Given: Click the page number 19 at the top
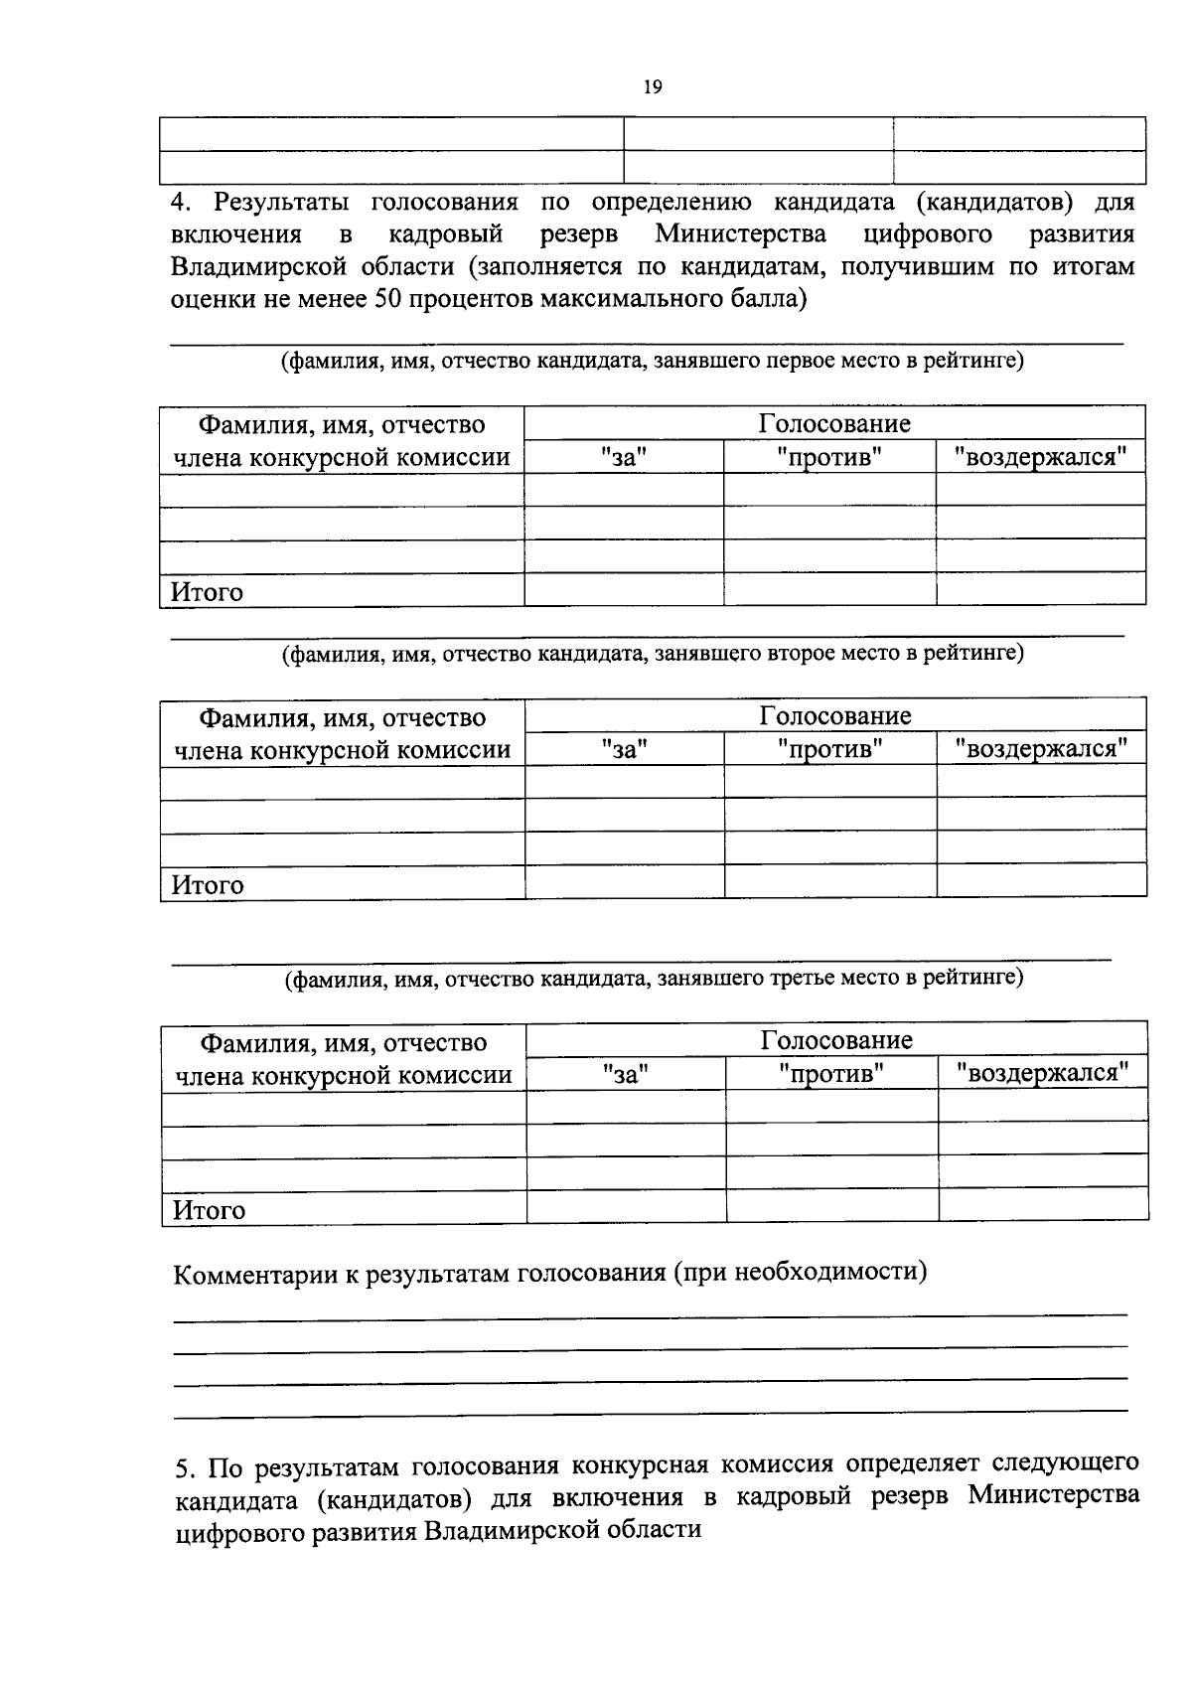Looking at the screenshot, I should point(653,87).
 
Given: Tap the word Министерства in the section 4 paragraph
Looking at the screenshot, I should point(740,234).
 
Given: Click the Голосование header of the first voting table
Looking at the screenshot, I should point(834,423).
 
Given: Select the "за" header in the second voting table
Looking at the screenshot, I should point(625,748).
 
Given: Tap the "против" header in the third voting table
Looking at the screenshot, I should point(831,1073).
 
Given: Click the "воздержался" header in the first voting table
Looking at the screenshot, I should point(1040,457).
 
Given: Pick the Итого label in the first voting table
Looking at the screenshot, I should point(207,592).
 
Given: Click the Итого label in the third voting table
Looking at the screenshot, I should point(209,1210).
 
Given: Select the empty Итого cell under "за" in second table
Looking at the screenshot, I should point(625,882).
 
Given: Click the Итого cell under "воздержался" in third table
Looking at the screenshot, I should point(1043,1205).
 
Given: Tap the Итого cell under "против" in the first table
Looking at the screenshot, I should point(829,589).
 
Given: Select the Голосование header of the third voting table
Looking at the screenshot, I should point(836,1039).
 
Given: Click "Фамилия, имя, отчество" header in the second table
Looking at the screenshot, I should point(343,717).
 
